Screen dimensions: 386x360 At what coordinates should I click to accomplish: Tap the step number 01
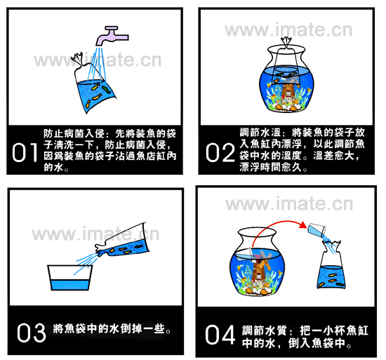[x=25, y=152]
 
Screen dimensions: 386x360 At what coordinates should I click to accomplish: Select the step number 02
[x=220, y=152]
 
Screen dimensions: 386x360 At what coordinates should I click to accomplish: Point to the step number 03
[x=32, y=333]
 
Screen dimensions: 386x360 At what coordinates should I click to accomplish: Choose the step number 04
[x=220, y=335]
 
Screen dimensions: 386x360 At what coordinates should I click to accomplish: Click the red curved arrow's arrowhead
[x=302, y=225]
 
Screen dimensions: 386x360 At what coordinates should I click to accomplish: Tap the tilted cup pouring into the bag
[x=317, y=230]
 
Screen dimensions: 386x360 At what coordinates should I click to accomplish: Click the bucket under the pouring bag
[x=70, y=278]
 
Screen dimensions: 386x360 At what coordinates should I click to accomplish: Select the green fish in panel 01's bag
[x=106, y=89]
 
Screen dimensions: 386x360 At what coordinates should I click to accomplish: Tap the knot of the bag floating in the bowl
[x=286, y=42]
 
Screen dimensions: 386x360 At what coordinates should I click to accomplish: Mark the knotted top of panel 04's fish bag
[x=332, y=246]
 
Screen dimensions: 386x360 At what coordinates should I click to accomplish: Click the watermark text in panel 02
[x=288, y=30]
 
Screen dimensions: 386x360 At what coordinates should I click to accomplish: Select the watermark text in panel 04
[x=289, y=204]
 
